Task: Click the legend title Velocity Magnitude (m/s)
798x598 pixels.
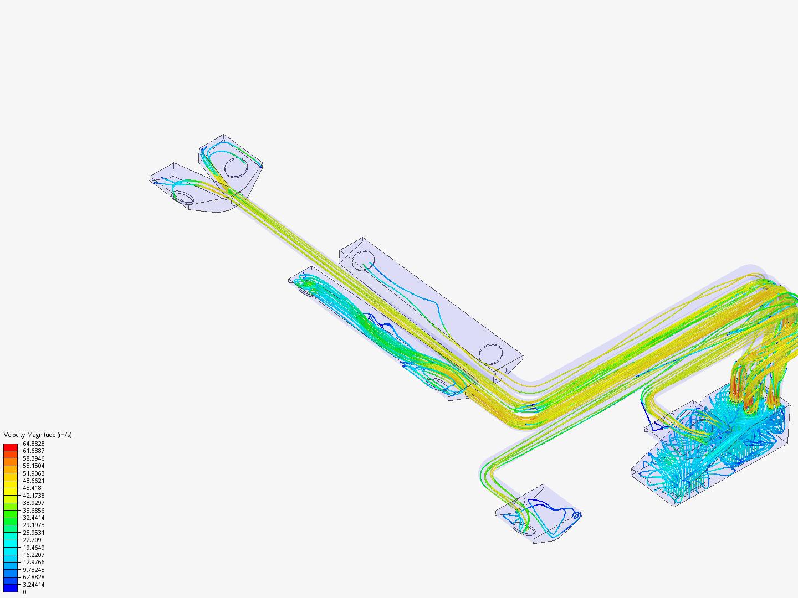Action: [x=38, y=435]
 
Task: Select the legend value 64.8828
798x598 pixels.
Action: [x=34, y=444]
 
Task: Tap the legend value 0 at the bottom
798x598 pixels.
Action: [x=24, y=592]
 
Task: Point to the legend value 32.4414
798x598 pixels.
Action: [x=34, y=518]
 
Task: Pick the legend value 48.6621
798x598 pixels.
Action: [x=34, y=481]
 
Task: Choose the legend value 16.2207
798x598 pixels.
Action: [x=34, y=555]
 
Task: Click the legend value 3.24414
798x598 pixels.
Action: [x=34, y=585]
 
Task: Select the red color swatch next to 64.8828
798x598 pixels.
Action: [x=11, y=447]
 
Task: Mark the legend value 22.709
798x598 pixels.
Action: [x=32, y=540]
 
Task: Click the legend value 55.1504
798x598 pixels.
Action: [x=34, y=466]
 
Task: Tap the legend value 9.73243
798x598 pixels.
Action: [x=34, y=570]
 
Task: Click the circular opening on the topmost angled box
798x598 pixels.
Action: [x=236, y=167]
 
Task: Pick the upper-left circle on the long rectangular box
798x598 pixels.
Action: [x=364, y=260]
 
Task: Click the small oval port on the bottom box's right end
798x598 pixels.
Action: [x=576, y=516]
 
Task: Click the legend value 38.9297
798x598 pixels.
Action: [x=34, y=503]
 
